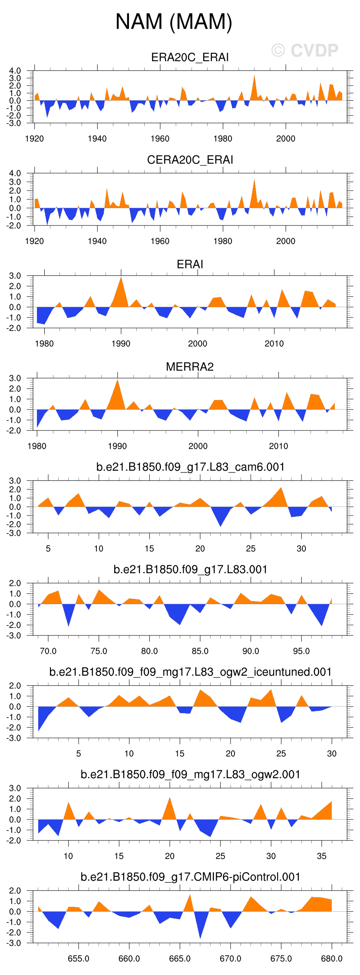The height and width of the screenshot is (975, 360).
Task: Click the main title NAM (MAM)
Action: (x=174, y=22)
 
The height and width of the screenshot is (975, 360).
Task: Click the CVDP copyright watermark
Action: (x=305, y=50)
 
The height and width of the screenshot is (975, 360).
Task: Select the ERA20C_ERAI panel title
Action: (x=190, y=57)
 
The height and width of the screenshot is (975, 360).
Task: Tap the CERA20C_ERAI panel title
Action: (x=190, y=160)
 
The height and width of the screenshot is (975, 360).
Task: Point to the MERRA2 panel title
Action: (x=190, y=367)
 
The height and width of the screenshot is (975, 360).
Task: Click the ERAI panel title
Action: (x=190, y=264)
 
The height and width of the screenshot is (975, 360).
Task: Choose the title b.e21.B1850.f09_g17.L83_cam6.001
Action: (x=190, y=467)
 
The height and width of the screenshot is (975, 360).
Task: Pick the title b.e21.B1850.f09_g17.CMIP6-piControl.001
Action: (x=190, y=877)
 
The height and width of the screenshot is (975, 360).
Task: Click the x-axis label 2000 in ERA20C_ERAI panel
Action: (x=285, y=139)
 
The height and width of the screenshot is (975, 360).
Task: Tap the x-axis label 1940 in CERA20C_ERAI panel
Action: (x=97, y=241)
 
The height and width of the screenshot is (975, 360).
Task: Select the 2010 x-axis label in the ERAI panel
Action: (x=274, y=344)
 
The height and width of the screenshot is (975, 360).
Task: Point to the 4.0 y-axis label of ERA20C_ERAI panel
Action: (x=15, y=71)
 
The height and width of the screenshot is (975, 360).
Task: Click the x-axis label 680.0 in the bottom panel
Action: (x=331, y=959)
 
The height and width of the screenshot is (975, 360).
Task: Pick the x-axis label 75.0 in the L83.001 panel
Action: (x=99, y=651)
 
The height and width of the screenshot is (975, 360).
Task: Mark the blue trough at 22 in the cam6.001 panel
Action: (x=221, y=525)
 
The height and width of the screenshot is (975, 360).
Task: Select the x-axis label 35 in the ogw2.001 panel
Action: (x=321, y=856)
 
